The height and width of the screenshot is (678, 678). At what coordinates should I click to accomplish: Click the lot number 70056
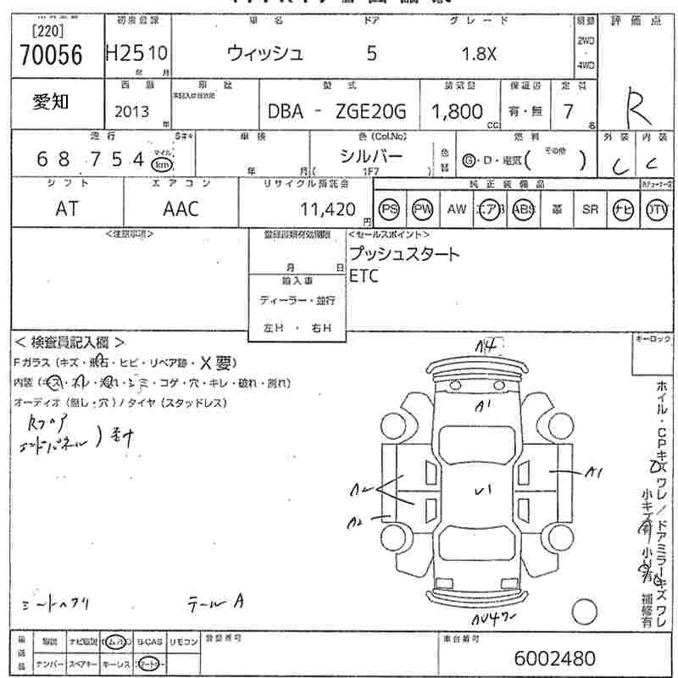pyautogui.click(x=50, y=55)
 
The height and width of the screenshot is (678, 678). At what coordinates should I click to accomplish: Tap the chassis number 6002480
pyautogui.click(x=554, y=658)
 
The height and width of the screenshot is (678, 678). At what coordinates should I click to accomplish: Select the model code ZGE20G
pyautogui.click(x=373, y=111)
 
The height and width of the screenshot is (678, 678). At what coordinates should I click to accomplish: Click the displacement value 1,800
pyautogui.click(x=457, y=111)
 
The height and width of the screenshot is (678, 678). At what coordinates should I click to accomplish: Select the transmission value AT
pyautogui.click(x=66, y=208)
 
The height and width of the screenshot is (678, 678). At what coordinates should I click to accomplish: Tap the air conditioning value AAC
pyautogui.click(x=181, y=208)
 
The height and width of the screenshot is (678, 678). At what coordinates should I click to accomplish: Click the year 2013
pyautogui.click(x=131, y=112)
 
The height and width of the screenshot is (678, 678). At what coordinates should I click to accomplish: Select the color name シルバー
pyautogui.click(x=371, y=155)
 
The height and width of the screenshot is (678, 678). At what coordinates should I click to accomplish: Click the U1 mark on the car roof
pyautogui.click(x=483, y=489)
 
